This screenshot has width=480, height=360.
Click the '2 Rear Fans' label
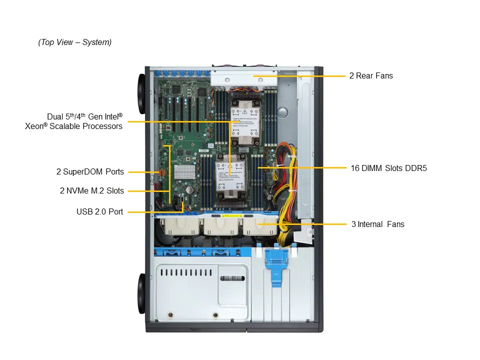pyautogui.click(x=371, y=76)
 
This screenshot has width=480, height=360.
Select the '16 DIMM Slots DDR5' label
pyautogui.click(x=388, y=168)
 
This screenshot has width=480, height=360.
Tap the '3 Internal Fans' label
pyautogui.click(x=377, y=224)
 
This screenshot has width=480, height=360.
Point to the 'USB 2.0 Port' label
pyautogui.click(x=99, y=211)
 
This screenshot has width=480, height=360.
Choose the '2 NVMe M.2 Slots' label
pyautogui.click(x=91, y=190)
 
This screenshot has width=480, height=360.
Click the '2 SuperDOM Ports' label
pyautogui.click(x=90, y=172)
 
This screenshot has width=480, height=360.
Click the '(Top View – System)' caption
pyautogui.click(x=75, y=42)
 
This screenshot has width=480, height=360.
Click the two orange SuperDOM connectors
pyautogui.click(x=161, y=173)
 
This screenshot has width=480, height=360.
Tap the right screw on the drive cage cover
pyautogui.click(x=215, y=315)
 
